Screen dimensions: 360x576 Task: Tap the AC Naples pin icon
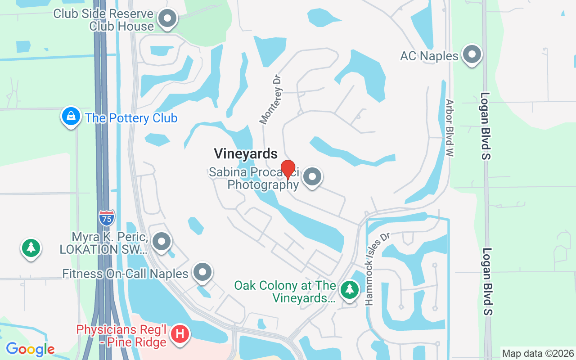click(x=472, y=55)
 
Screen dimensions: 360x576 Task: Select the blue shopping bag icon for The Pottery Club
click(x=71, y=117)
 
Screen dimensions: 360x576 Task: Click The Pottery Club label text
click(x=131, y=118)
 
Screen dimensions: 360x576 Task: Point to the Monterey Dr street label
click(x=271, y=99)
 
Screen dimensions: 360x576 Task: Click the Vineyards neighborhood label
click(x=246, y=154)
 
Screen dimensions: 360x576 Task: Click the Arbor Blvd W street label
click(x=450, y=128)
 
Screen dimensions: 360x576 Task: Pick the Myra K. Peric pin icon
click(x=161, y=242)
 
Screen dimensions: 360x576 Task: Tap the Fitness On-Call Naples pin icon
click(x=202, y=272)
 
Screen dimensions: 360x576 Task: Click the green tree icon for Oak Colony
click(x=349, y=289)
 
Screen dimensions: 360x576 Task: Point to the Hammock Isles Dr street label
click(x=377, y=269)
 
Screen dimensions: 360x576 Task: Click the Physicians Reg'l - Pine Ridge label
click(x=121, y=336)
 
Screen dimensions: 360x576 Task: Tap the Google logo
click(x=30, y=349)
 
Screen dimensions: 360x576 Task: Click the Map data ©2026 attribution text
click(x=538, y=353)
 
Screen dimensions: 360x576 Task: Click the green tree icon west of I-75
click(x=31, y=247)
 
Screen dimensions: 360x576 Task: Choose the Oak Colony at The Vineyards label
click(x=285, y=292)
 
